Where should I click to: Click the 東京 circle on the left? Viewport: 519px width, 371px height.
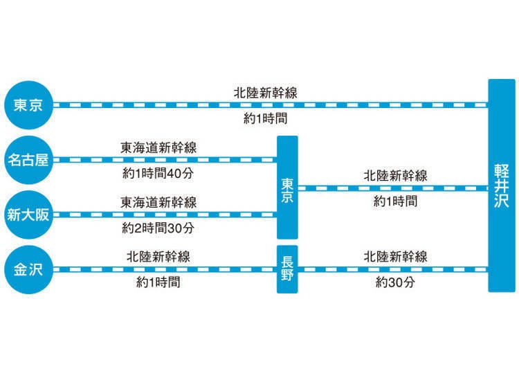[x=29, y=105]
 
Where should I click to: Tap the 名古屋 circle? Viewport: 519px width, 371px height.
[x=29, y=160]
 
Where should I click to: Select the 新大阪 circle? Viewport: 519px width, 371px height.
[x=29, y=215]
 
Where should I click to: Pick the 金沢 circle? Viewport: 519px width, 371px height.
[x=29, y=270]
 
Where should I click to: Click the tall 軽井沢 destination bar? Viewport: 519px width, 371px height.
[x=502, y=185]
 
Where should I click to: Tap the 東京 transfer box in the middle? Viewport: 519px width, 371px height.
[x=287, y=188]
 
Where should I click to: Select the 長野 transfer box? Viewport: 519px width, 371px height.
[x=287, y=269]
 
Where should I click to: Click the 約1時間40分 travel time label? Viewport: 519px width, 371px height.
[x=158, y=173]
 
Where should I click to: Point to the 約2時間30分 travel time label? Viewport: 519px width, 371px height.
[x=158, y=228]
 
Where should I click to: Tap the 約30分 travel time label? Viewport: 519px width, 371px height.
[x=395, y=282]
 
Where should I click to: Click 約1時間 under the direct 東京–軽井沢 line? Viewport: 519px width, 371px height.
[x=266, y=118]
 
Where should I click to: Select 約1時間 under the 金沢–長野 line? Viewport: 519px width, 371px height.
[x=158, y=282]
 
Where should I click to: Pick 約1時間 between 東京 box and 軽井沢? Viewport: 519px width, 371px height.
[x=395, y=201]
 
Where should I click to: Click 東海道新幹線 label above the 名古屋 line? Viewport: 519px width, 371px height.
[x=158, y=147]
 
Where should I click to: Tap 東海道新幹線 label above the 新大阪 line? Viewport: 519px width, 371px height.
[x=158, y=203]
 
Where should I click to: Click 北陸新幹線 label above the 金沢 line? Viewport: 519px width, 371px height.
[x=158, y=257]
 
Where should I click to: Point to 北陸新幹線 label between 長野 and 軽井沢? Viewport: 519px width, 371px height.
[x=396, y=257]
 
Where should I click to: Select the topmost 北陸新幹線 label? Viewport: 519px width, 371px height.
[x=266, y=93]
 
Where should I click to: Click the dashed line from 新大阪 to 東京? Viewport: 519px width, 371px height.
[x=165, y=215]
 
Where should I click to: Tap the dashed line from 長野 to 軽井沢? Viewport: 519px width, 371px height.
[x=393, y=269]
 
